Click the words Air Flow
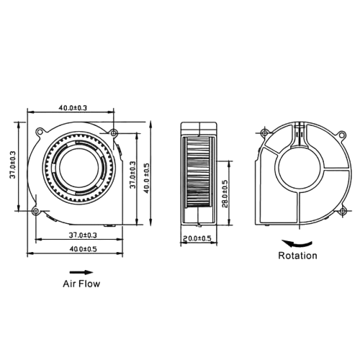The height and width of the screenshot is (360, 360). point(82,284)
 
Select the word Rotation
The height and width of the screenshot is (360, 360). point(297,255)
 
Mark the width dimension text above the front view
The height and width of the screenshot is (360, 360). point(71,108)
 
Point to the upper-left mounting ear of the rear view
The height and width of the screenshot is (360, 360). point(264,133)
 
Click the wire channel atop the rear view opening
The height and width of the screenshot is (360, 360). point(297,135)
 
